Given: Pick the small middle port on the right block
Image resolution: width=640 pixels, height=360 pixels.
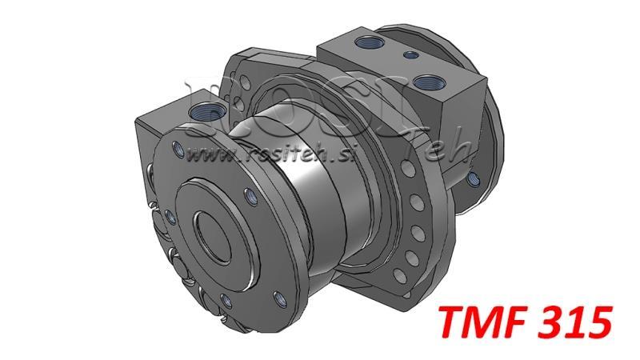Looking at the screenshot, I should [410, 55].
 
